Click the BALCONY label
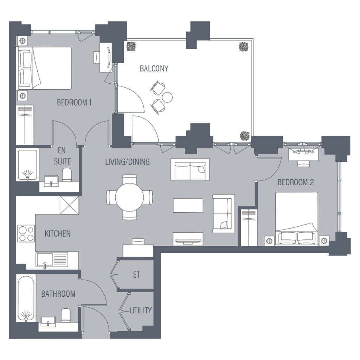tap(154, 69)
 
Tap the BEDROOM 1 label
tap(74, 102)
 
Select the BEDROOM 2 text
tap(295, 182)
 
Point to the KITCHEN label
tap(57, 233)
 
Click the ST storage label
tap(136, 275)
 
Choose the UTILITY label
tap(141, 310)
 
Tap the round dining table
tap(129, 197)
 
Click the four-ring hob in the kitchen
tap(26, 233)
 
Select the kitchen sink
tap(52, 260)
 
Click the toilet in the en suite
tap(67, 175)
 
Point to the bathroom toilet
tap(66, 315)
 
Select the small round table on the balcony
tap(167, 97)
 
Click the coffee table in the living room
tap(188, 206)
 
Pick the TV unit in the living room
tap(188, 239)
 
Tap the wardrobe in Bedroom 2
tap(249, 227)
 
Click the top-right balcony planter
tap(244, 47)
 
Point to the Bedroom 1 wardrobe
tap(25, 125)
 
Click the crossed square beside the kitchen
tap(69, 205)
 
